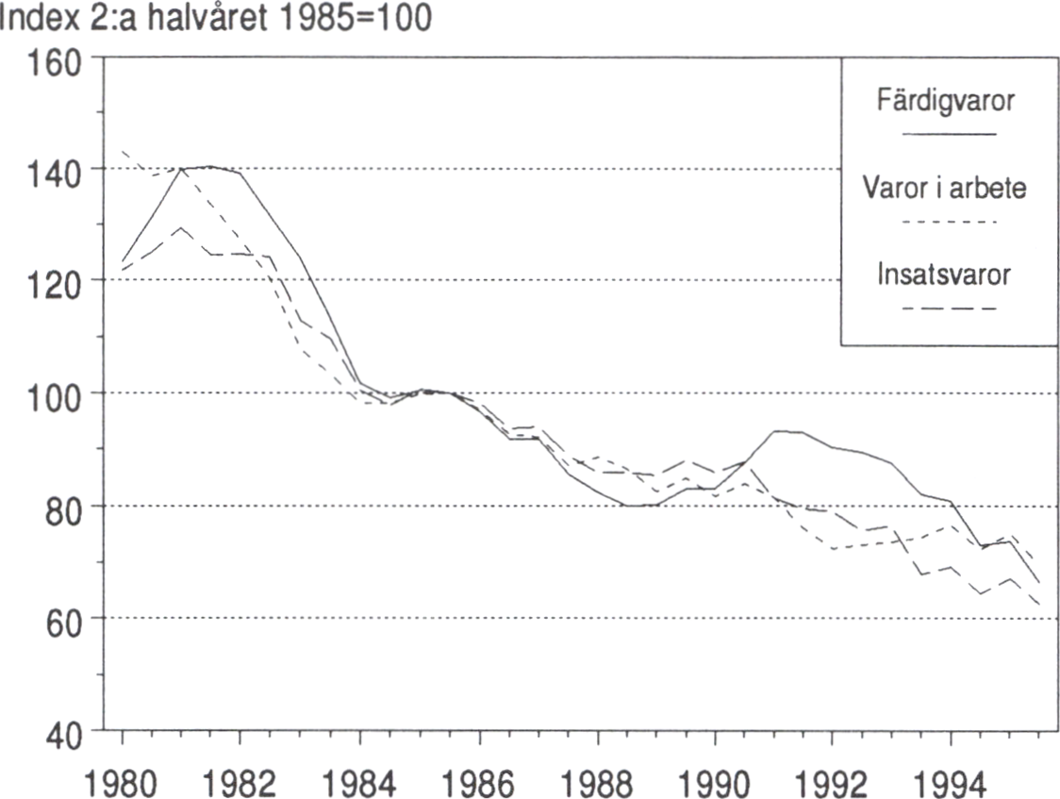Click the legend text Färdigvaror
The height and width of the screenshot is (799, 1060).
coord(946,101)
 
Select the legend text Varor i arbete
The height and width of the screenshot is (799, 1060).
coord(945,188)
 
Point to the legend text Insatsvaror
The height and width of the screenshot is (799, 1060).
coord(944,275)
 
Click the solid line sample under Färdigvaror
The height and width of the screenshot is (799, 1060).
coord(949,134)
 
